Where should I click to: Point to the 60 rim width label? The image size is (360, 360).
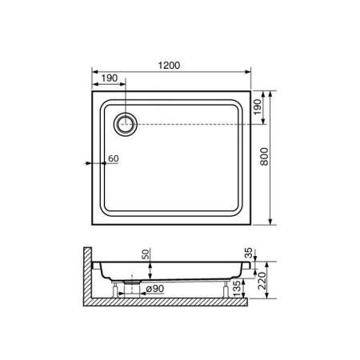[113, 159]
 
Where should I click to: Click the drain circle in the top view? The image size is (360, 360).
[126, 122]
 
